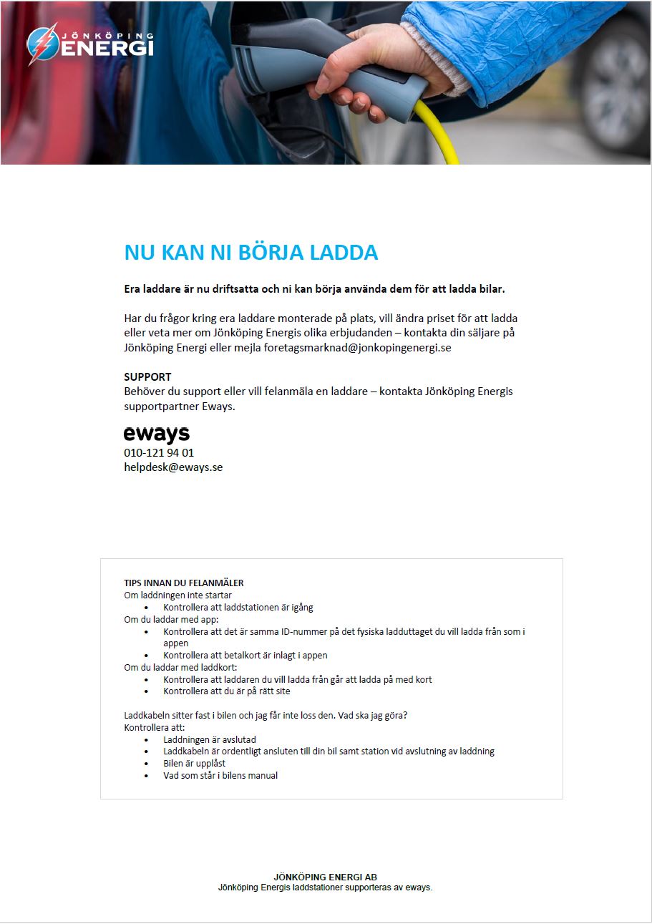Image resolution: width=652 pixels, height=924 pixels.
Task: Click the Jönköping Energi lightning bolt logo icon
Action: coord(42,44)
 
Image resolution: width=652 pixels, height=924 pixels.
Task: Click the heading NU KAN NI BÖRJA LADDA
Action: coord(251,253)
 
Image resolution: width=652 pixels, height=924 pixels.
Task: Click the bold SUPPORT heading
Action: coord(147,376)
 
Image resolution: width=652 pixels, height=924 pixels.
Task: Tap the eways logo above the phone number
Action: coord(157,434)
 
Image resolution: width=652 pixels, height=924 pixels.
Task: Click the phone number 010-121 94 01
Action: coord(159,453)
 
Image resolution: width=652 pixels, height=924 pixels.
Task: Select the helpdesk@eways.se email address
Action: coord(173,467)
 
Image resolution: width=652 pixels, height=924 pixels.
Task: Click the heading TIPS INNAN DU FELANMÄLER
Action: coord(184,583)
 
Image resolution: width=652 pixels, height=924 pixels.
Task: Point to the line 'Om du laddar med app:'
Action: coord(171,619)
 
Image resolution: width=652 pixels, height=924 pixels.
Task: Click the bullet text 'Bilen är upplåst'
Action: coord(195,763)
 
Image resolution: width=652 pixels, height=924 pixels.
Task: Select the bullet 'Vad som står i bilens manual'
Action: coord(220,775)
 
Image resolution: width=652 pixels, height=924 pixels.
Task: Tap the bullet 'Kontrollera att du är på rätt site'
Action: coord(227,691)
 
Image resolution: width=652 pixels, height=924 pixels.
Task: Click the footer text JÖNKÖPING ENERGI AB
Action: coord(326,877)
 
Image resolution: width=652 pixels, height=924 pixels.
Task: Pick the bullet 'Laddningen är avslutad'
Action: coord(210,739)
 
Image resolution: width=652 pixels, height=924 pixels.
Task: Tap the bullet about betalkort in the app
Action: coord(245,655)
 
